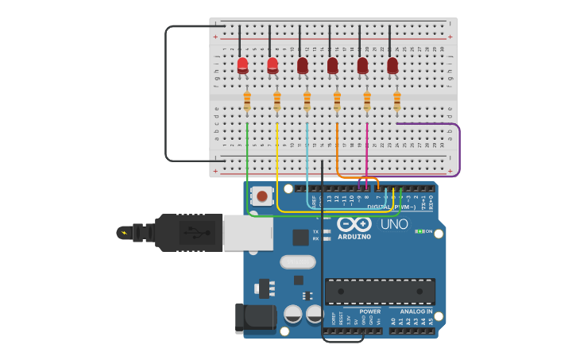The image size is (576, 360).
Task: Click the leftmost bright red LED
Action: click(x=242, y=64)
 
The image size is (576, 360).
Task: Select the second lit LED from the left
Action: click(x=273, y=64)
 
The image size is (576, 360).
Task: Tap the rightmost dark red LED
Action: click(x=392, y=65)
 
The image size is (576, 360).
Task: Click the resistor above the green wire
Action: click(x=247, y=102)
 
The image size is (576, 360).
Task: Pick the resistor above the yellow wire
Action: click(x=277, y=102)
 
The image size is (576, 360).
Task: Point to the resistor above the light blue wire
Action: click(x=307, y=102)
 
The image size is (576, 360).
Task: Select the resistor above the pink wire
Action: click(x=367, y=102)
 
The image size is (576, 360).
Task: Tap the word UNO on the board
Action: click(x=394, y=224)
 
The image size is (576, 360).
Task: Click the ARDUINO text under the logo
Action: click(x=354, y=237)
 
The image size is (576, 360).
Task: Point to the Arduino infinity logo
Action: click(x=354, y=223)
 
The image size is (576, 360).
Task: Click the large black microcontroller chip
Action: click(x=380, y=291)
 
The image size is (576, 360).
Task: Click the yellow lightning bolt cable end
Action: click(x=123, y=233)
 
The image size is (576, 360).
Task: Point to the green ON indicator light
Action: click(x=419, y=231)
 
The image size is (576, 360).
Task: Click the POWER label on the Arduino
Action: click(x=369, y=312)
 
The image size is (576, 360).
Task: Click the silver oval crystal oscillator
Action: click(x=297, y=261)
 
